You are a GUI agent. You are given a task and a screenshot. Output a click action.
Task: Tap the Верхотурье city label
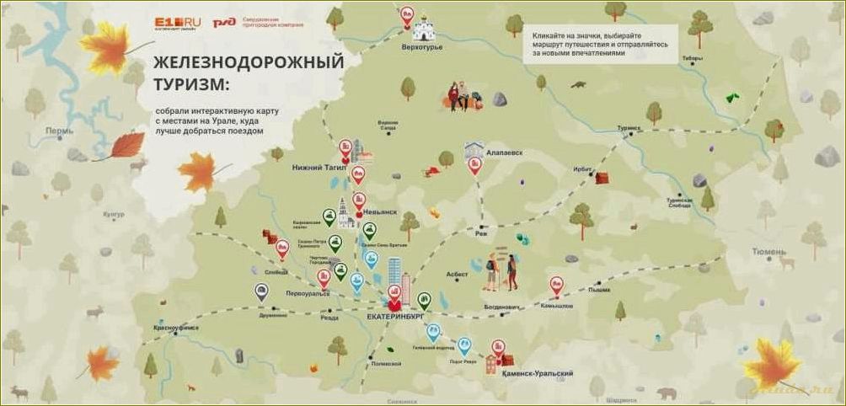click(x=422, y=47)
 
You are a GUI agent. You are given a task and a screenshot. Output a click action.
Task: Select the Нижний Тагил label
click(x=319, y=168)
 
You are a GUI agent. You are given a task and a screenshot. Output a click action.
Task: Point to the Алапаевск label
click(x=505, y=152)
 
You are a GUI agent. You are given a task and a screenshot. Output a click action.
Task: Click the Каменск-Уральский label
click(x=543, y=373)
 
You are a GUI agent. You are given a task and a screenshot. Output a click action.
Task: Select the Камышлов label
click(x=556, y=306)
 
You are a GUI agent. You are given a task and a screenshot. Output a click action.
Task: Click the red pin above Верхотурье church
click(x=408, y=14)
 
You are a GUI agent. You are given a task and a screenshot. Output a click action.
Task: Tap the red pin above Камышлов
click(x=556, y=285)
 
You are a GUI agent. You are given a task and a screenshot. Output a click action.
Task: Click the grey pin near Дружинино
click(x=263, y=291)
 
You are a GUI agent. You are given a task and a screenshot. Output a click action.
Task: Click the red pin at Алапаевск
click(x=474, y=165)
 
